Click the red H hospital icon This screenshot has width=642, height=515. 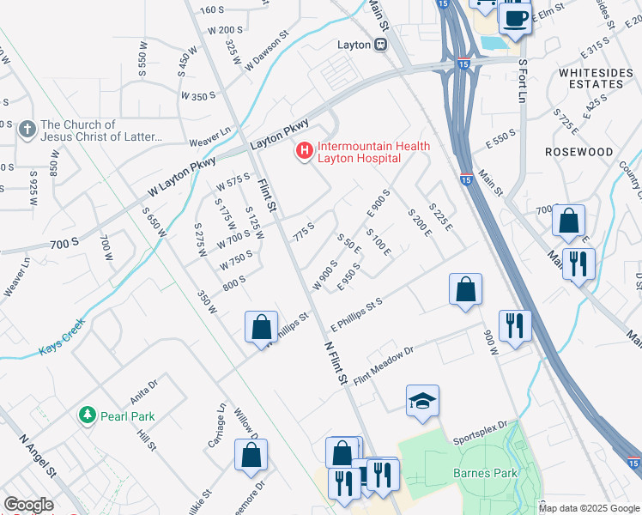pyautogui.click(x=304, y=152)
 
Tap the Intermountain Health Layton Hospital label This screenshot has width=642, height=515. pyautogui.click(x=373, y=152)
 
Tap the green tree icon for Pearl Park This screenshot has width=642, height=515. pyautogui.click(x=87, y=415)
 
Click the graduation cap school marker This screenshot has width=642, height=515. pyautogui.click(x=422, y=401)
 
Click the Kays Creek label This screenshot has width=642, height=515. pyautogui.click(x=63, y=349)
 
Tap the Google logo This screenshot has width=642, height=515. pyautogui.click(x=28, y=505)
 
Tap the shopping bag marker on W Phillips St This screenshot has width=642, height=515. pyautogui.click(x=261, y=328)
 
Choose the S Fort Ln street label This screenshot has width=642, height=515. pyautogui.click(x=521, y=80)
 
